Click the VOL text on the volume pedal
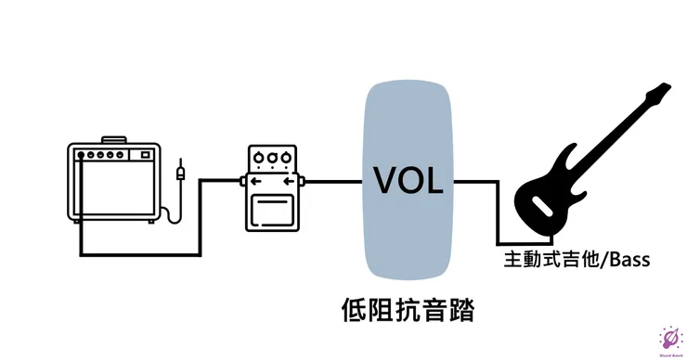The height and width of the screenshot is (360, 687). pyautogui.click(x=408, y=178)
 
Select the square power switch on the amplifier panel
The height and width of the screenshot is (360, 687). pyautogui.click(x=149, y=155)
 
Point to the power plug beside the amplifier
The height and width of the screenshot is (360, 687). pyautogui.click(x=180, y=173)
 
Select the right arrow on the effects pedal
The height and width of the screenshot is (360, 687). pyautogui.click(x=290, y=180)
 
